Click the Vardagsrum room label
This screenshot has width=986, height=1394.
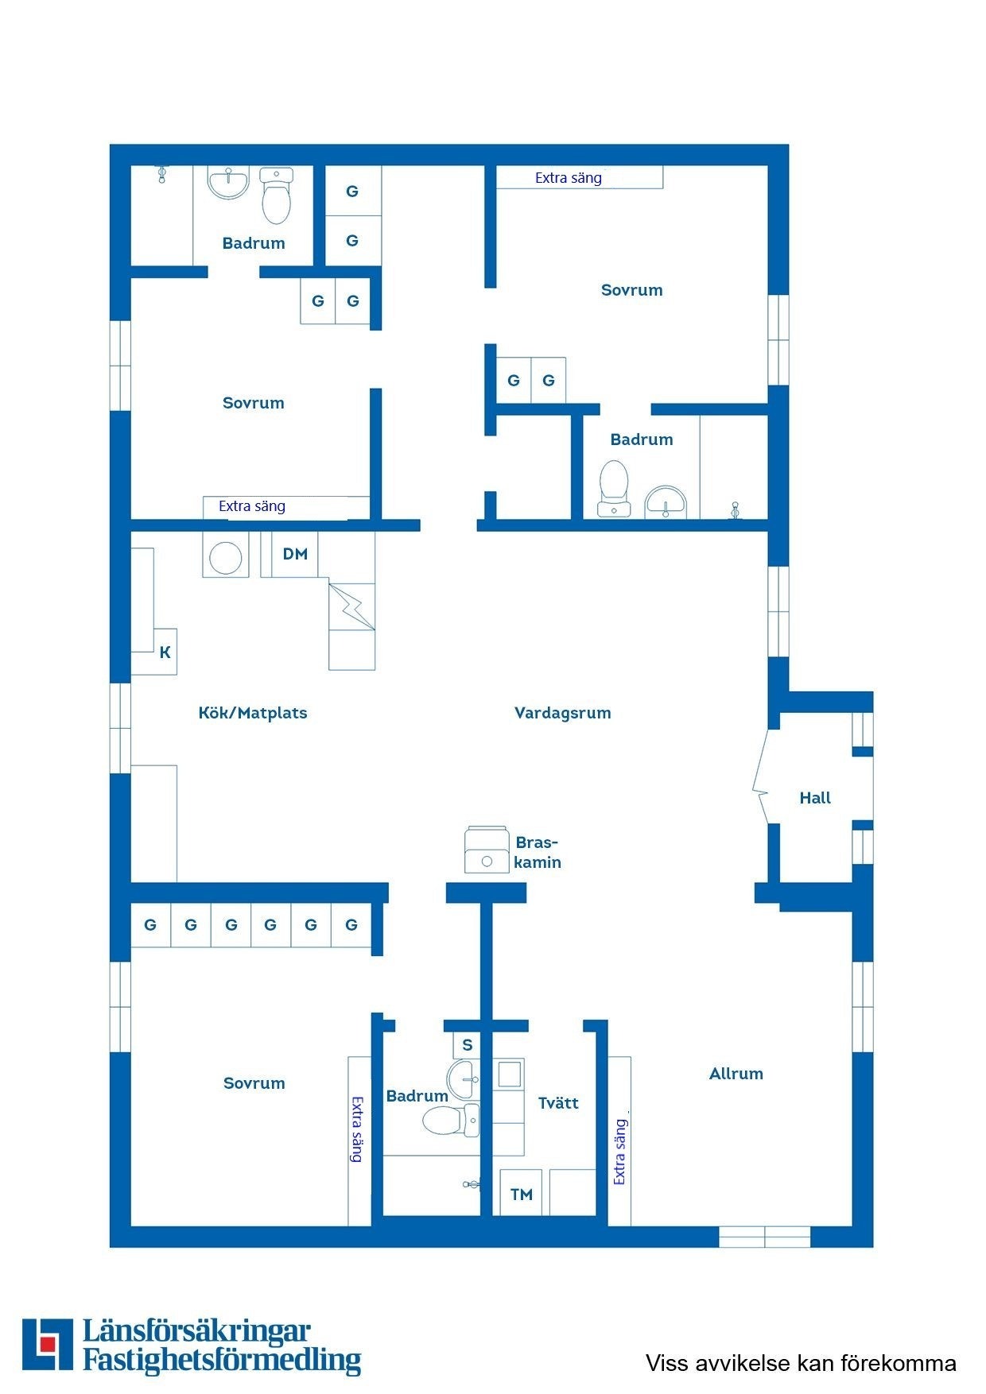click(562, 713)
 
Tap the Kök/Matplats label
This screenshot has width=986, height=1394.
click(252, 713)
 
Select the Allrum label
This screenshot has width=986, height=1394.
click(736, 1074)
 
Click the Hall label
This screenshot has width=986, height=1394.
click(814, 798)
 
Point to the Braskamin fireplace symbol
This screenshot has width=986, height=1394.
click(487, 850)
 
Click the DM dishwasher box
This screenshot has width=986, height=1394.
click(294, 554)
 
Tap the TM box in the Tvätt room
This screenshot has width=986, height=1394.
click(521, 1193)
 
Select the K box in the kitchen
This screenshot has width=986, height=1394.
click(165, 652)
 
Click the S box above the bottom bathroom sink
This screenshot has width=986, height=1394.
click(467, 1045)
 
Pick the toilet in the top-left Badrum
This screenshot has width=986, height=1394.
click(276, 196)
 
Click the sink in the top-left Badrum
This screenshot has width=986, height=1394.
click(228, 182)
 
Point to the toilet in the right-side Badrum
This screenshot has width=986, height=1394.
click(613, 487)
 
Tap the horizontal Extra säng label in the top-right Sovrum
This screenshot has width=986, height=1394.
click(568, 178)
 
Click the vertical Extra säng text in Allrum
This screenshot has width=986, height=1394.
click(619, 1152)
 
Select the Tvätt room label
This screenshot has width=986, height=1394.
click(557, 1103)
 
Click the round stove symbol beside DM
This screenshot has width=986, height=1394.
click(225, 558)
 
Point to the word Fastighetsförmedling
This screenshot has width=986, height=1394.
click(222, 1360)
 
